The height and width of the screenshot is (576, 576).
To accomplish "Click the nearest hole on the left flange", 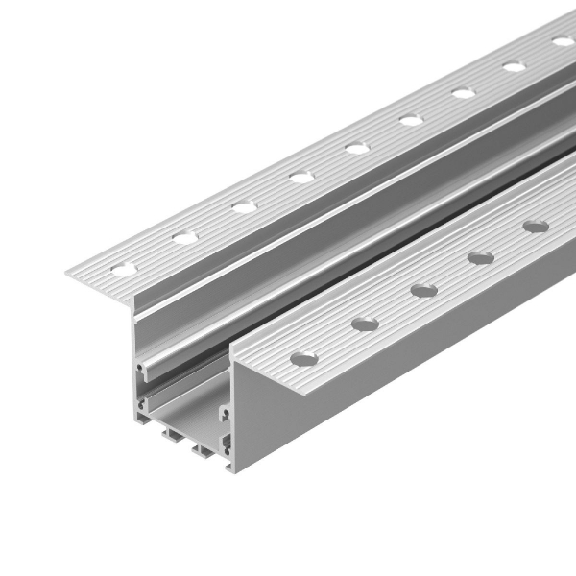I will [124, 268].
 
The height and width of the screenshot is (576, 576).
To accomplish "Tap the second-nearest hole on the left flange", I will [184, 236].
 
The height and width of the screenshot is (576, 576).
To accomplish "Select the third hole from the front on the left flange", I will [243, 205].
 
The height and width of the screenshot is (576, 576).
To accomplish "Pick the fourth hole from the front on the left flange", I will [300, 177].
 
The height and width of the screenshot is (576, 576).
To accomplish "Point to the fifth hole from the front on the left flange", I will [357, 148].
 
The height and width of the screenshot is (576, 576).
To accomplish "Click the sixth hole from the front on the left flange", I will [411, 120].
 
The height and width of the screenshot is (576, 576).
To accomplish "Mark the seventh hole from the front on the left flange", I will [464, 93].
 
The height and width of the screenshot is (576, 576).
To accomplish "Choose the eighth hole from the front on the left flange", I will [515, 66].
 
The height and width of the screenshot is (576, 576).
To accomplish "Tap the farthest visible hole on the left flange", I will [563, 41].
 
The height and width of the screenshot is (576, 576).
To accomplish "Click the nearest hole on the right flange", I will [303, 358].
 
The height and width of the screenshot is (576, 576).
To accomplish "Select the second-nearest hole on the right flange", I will [365, 324].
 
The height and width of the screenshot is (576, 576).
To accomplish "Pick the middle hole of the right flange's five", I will [423, 289].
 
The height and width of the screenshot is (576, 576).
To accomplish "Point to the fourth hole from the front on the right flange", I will [480, 257].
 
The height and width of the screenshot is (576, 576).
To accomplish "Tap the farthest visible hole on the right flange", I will [535, 228].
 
